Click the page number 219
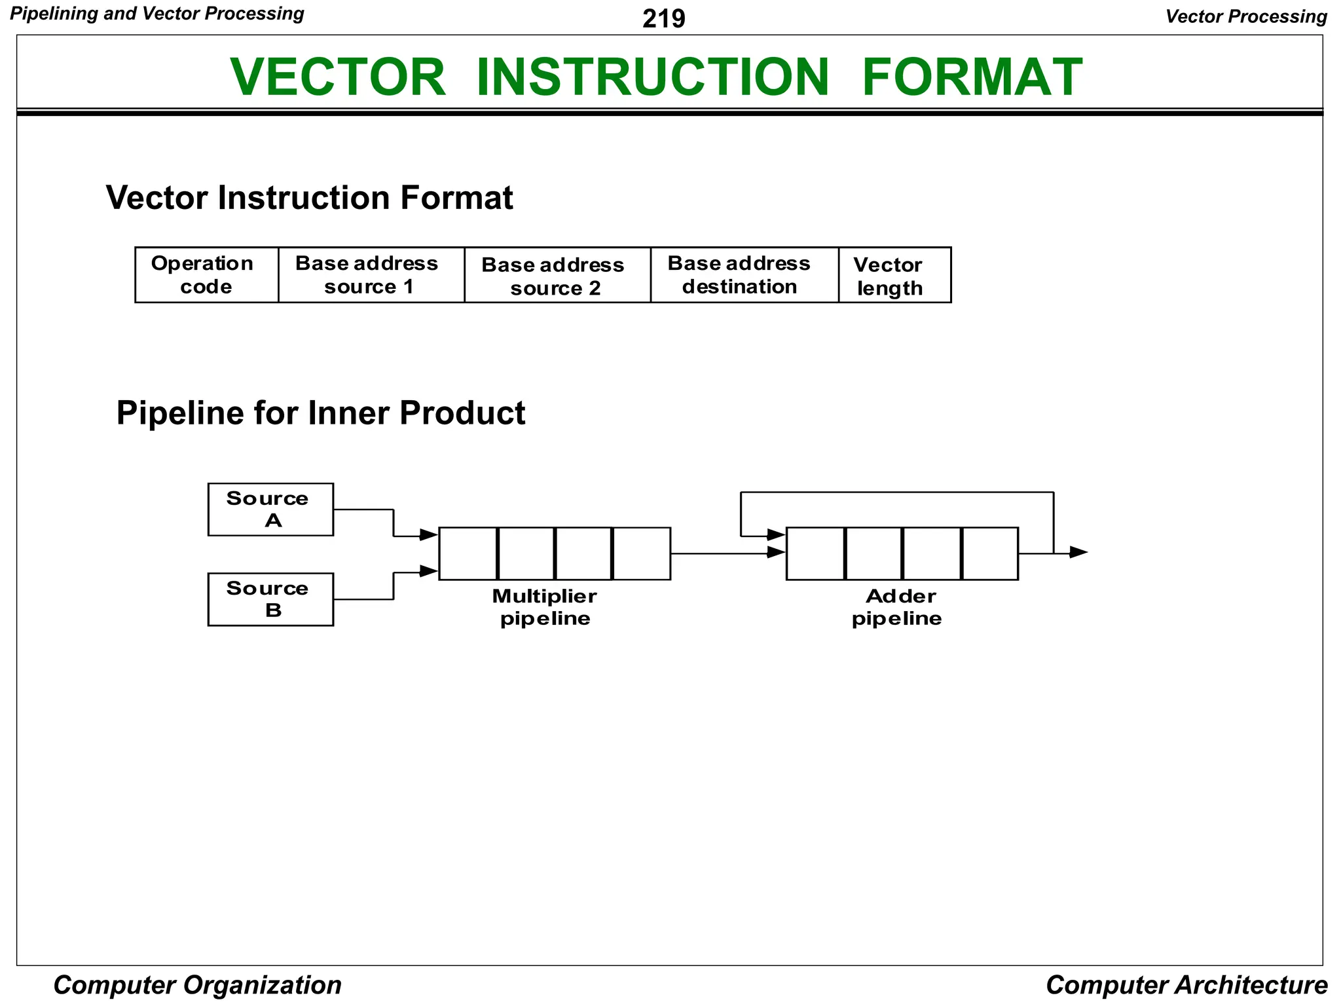(x=663, y=18)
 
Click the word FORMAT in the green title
(x=972, y=77)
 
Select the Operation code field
(x=206, y=275)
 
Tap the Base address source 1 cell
(x=371, y=275)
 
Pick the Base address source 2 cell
(x=557, y=275)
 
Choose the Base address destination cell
(x=744, y=275)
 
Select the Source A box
(x=270, y=510)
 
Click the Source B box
(x=270, y=599)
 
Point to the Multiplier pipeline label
(x=545, y=607)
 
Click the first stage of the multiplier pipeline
(x=468, y=553)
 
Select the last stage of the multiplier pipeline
(x=642, y=553)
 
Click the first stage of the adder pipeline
(x=816, y=553)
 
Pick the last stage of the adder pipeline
(x=990, y=553)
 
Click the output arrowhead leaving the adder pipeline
(x=1078, y=553)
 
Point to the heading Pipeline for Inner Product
(x=320, y=413)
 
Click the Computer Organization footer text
(x=197, y=985)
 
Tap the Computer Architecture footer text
(x=1186, y=985)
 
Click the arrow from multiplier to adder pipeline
(x=727, y=553)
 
